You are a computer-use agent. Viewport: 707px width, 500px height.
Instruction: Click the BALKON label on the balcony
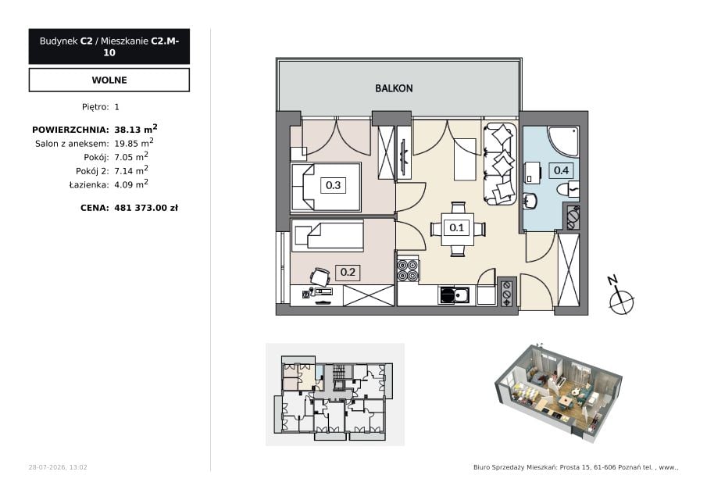pos(394,88)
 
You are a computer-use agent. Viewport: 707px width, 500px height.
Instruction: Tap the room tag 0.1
pos(457,227)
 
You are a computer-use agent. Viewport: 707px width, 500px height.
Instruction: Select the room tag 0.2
pos(348,272)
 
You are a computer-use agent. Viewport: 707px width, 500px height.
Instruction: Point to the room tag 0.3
pos(333,185)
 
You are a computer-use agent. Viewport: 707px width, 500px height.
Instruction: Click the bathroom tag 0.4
pos(561,170)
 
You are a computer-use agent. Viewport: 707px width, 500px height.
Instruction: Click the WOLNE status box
pos(109,80)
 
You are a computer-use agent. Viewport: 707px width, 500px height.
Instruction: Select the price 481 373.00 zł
pos(146,208)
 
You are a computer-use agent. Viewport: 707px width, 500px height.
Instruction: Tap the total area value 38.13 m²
pos(136,129)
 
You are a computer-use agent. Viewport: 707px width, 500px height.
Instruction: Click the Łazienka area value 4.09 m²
pos(131,184)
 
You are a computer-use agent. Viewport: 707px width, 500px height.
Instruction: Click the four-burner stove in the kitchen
pos(408,270)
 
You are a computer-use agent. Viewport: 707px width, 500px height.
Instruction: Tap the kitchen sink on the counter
pos(455,296)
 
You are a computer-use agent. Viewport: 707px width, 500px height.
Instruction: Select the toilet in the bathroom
pos(568,188)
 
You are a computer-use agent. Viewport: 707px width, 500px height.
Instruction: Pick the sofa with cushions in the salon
pos(500,163)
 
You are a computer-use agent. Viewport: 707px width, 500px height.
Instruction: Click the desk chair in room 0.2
pos(320,277)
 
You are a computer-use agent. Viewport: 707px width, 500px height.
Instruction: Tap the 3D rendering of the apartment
pos(559,391)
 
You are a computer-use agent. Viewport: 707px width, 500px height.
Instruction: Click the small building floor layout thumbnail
pos(334,395)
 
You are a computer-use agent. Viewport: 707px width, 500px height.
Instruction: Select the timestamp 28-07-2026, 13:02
pos(58,467)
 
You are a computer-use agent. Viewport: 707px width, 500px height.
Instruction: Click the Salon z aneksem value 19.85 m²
pos(134,143)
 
